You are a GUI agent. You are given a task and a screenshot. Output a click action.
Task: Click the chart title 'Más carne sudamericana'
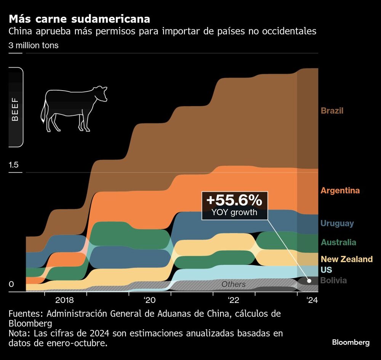tap(79, 19)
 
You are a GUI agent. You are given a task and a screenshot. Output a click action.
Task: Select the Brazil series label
tap(332, 111)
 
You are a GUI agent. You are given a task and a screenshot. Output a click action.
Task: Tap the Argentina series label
tap(340, 191)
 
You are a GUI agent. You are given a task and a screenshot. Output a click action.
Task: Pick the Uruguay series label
tap(337, 223)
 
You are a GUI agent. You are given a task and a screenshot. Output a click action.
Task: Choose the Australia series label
tap(338, 242)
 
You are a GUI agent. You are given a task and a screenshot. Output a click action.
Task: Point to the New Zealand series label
tap(346, 260)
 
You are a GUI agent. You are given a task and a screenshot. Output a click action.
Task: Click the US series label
tap(326, 270)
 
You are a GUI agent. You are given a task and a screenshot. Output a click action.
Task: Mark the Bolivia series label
tap(333, 281)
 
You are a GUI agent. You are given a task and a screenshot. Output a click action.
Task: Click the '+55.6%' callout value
tap(234, 200)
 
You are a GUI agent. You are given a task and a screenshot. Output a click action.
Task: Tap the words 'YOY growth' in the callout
tap(234, 212)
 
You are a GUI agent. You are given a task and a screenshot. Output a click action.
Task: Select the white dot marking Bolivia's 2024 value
tap(309, 281)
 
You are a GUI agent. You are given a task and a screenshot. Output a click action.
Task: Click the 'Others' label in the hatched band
tap(234, 285)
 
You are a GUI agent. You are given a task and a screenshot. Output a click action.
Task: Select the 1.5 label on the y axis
tap(14, 165)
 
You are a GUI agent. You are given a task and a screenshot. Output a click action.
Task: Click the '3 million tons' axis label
tap(34, 45)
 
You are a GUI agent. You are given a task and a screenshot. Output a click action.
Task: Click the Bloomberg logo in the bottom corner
tap(351, 342)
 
